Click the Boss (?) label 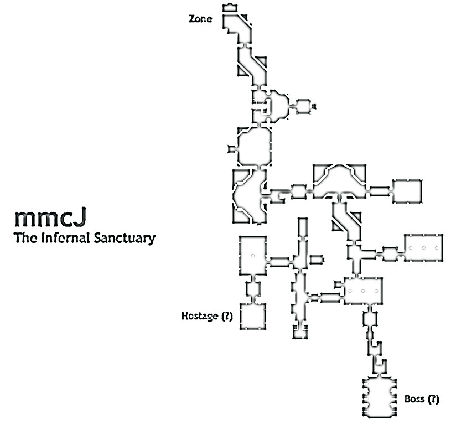pyautogui.click(x=422, y=398)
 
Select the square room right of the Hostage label pyautogui.click(x=253, y=316)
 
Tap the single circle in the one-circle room pyautogui.click(x=252, y=256)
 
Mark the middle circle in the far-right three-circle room pyautogui.click(x=424, y=247)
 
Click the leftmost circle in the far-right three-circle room pyautogui.click(x=411, y=247)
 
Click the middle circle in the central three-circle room pyautogui.click(x=362, y=291)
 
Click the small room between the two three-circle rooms pyautogui.click(x=390, y=255)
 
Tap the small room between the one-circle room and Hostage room pyautogui.click(x=253, y=289)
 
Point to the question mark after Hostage pyautogui.click(x=226, y=317)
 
